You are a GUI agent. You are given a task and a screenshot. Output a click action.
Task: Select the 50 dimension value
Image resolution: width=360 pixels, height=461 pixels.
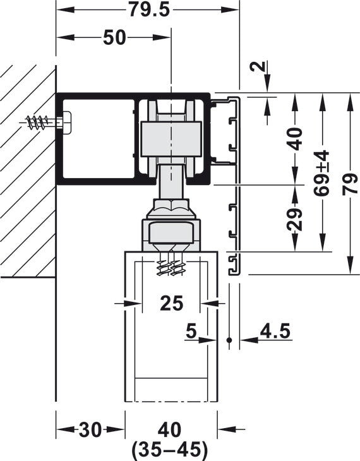click(114, 38)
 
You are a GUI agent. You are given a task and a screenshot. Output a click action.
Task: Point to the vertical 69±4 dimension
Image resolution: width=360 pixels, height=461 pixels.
click(323, 173)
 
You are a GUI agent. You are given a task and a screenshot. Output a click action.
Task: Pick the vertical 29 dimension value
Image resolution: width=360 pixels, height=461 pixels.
click(295, 218)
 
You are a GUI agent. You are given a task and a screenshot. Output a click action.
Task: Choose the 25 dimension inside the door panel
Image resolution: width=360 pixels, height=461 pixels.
click(171, 303)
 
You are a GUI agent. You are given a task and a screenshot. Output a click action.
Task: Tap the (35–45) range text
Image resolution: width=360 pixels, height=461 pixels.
click(170, 450)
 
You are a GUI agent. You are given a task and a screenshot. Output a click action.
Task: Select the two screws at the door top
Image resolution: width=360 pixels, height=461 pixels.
click(171, 266)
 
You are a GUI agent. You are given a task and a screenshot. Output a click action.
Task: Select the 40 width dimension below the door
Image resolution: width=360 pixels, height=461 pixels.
click(170, 430)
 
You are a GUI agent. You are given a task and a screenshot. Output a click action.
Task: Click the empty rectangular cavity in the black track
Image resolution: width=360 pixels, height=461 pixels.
click(98, 138)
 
